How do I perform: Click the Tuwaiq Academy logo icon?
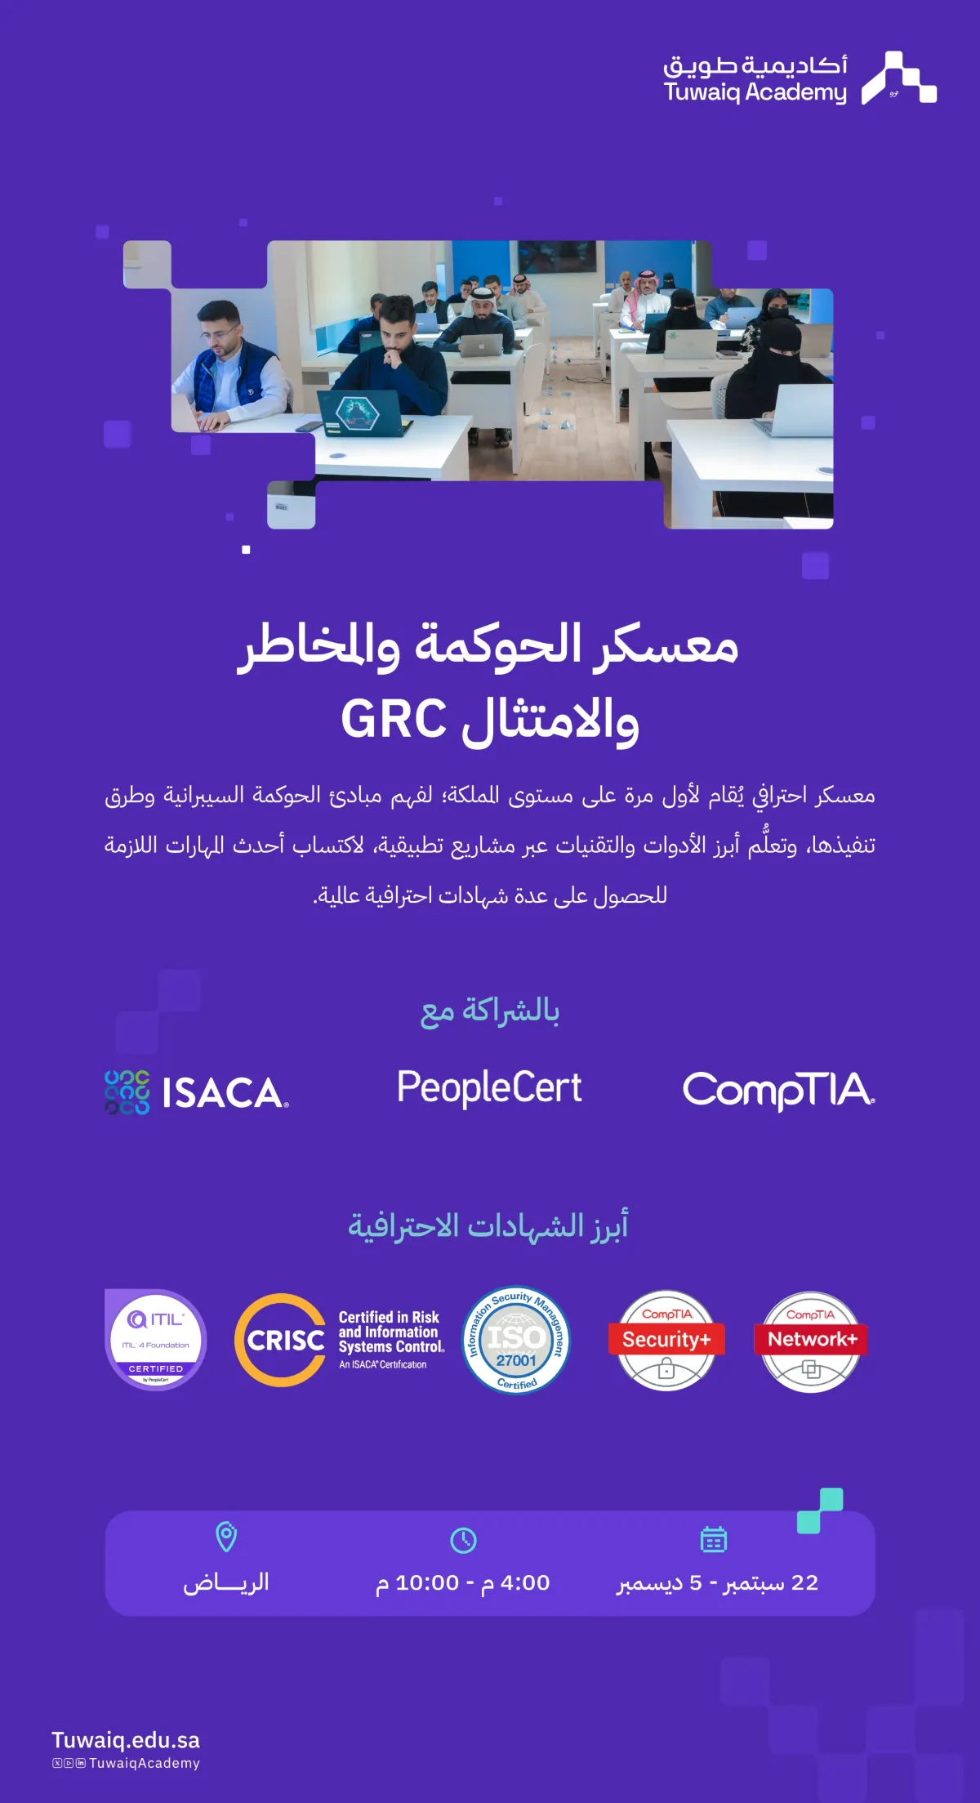(898, 78)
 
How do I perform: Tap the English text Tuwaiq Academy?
(755, 92)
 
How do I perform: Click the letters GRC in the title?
(394, 719)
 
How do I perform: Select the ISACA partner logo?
(197, 1092)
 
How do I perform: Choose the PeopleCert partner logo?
(489, 1088)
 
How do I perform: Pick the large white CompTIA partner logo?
(778, 1090)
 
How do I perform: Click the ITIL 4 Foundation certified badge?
(155, 1339)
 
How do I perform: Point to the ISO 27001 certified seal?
(515, 1340)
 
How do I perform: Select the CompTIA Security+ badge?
(666, 1340)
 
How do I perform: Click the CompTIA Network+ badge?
(811, 1340)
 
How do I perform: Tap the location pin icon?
(226, 1537)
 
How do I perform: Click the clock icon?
(463, 1540)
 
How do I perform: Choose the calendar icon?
(713, 1539)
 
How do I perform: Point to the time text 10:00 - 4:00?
(463, 1583)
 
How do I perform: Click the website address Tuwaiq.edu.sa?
(126, 1740)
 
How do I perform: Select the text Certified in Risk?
(389, 1317)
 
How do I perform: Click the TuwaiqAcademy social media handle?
(144, 1763)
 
